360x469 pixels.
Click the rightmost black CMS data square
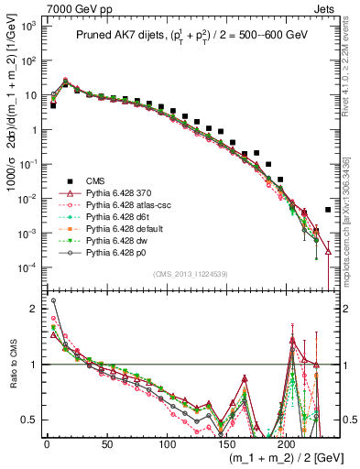point(328,210)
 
